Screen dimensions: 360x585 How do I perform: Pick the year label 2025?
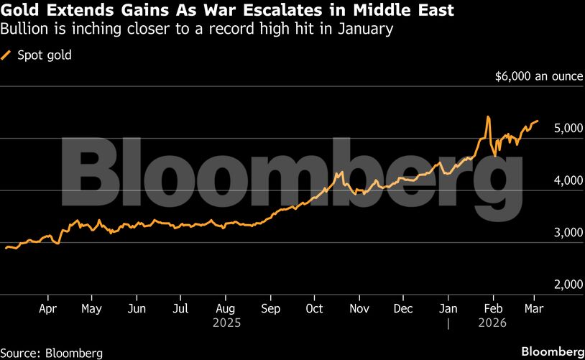click(x=226, y=323)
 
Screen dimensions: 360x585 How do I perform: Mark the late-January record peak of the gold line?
click(x=488, y=116)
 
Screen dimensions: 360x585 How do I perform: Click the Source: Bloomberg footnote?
click(x=52, y=353)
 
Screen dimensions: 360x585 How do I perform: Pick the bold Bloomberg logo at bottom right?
click(x=552, y=352)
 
